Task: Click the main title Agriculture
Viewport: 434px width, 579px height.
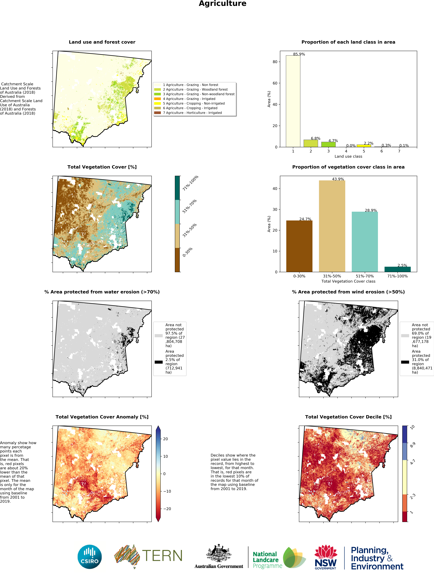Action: click(x=223, y=4)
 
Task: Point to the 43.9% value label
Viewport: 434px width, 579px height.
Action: click(x=338, y=179)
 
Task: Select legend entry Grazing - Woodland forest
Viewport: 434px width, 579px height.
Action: click(x=195, y=90)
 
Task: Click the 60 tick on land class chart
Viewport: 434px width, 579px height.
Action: click(x=275, y=83)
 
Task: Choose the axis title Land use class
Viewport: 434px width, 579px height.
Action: click(x=348, y=156)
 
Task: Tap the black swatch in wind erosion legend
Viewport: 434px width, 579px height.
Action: click(x=405, y=362)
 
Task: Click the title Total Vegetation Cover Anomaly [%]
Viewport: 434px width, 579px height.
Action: click(x=102, y=417)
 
